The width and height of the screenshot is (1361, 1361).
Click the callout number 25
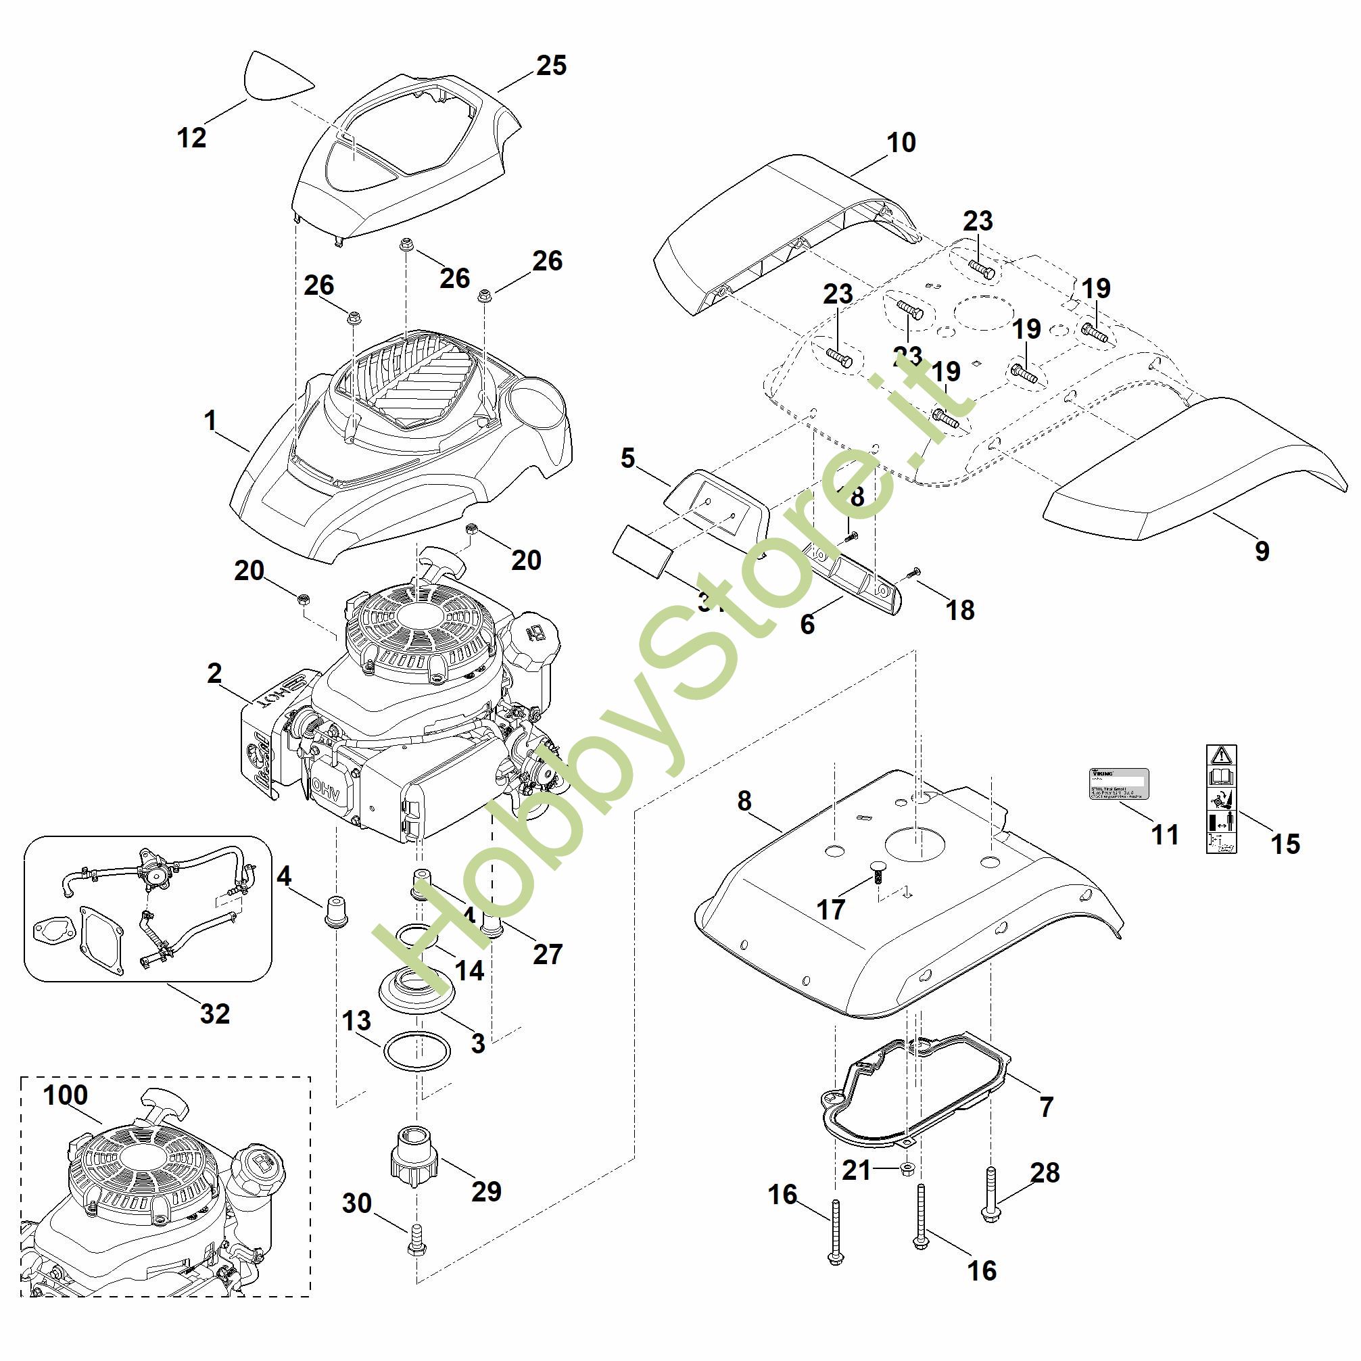(x=551, y=66)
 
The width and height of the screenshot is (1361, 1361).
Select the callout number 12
(x=191, y=137)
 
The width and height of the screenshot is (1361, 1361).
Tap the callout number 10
(x=901, y=143)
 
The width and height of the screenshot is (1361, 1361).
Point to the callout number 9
(x=1262, y=551)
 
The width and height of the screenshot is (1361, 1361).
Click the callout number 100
(x=66, y=1095)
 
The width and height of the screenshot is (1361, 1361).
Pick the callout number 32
(x=215, y=1013)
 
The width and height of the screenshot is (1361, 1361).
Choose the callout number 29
(x=485, y=1191)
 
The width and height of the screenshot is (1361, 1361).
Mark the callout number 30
(x=357, y=1203)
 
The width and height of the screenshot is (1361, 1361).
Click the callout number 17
(x=830, y=909)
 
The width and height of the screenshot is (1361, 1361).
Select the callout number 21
(x=857, y=1171)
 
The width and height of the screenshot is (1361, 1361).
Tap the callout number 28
(x=1045, y=1173)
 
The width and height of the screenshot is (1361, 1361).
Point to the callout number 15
(x=1285, y=844)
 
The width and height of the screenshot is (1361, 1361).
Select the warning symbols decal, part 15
(x=1222, y=800)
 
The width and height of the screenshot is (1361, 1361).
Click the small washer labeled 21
(x=907, y=1170)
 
